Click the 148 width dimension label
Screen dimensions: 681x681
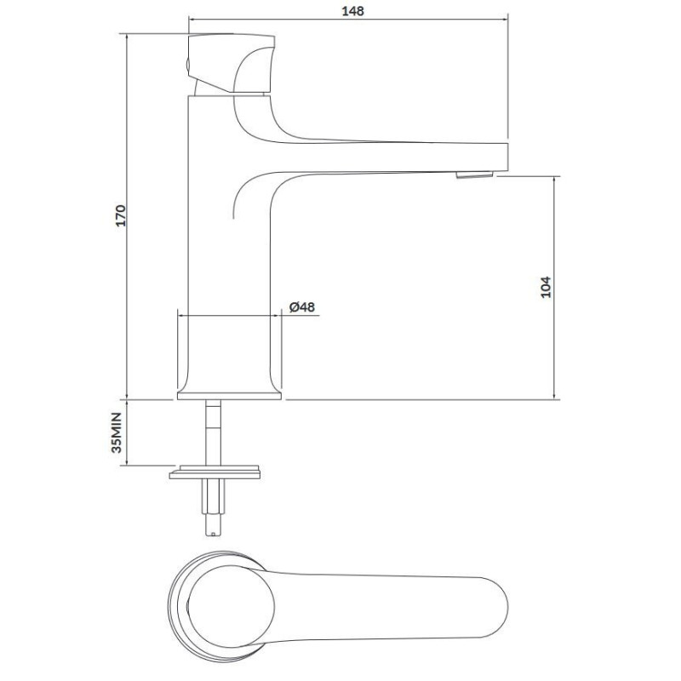[352, 11]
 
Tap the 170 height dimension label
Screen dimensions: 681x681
[120, 215]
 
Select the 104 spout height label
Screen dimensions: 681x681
[546, 287]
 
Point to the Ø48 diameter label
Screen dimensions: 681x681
[302, 307]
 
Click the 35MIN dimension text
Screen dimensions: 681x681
[117, 432]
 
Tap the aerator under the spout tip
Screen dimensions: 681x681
[474, 175]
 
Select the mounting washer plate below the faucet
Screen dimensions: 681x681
[215, 472]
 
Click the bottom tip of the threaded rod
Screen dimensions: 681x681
[213, 534]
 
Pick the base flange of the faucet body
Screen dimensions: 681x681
[229, 396]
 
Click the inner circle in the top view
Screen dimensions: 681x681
[231, 607]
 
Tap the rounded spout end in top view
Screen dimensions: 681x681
[500, 607]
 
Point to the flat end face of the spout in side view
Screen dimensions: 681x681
[507, 157]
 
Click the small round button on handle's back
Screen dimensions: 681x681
[187, 66]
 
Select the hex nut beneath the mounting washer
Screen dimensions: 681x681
[213, 497]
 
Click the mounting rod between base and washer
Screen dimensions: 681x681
[213, 432]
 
